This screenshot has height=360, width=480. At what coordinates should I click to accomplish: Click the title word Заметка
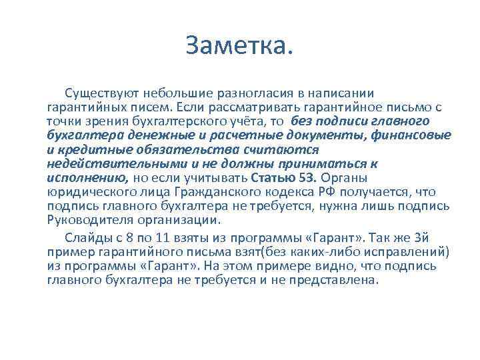click(x=239, y=47)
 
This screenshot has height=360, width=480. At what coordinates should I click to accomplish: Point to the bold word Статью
click(x=275, y=177)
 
